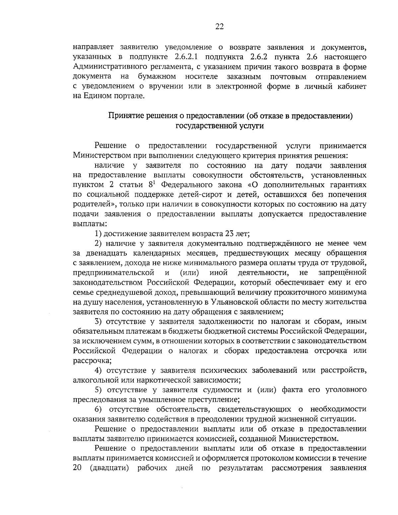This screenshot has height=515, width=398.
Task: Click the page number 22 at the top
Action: [220, 27]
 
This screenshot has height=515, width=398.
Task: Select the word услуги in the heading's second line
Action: [254, 126]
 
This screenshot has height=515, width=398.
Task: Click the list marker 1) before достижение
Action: [98, 234]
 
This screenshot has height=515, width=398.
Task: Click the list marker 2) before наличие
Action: [98, 244]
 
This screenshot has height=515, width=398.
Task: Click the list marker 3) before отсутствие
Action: [98, 322]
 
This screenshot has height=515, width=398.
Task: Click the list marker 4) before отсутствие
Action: [98, 370]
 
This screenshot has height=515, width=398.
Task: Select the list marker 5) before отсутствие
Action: [98, 390]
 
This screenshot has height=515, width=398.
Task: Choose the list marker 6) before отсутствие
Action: [98, 409]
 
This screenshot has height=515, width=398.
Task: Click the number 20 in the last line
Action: [77, 468]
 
